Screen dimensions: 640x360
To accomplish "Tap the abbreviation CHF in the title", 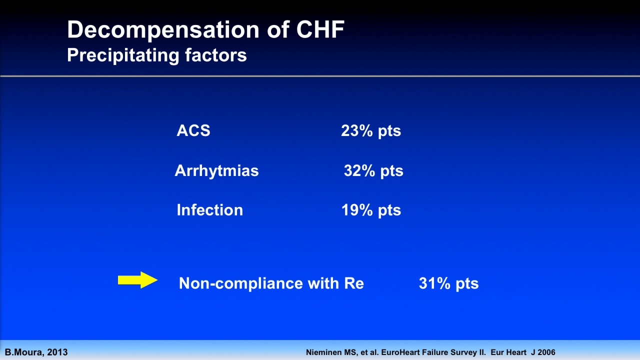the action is [320, 29].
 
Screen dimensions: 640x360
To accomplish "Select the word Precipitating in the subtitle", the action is [123, 55].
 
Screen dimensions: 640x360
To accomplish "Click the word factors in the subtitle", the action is [215, 55].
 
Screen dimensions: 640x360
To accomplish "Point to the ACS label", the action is [193, 130].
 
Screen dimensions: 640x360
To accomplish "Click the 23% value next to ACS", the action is [357, 130].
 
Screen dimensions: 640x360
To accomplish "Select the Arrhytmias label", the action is [216, 170].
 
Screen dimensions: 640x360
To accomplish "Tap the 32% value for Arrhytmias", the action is [359, 170].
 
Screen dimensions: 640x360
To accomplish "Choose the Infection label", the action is [209, 210].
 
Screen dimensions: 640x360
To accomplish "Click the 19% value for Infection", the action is [357, 210].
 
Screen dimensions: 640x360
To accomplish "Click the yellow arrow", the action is [137, 280].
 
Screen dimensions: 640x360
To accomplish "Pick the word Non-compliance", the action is [240, 283].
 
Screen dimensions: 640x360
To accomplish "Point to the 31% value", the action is [434, 283].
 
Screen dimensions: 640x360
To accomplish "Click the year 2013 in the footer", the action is [57, 352].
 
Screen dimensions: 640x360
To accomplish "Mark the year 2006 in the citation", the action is [545, 352].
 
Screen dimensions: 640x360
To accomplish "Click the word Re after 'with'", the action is [354, 283].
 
